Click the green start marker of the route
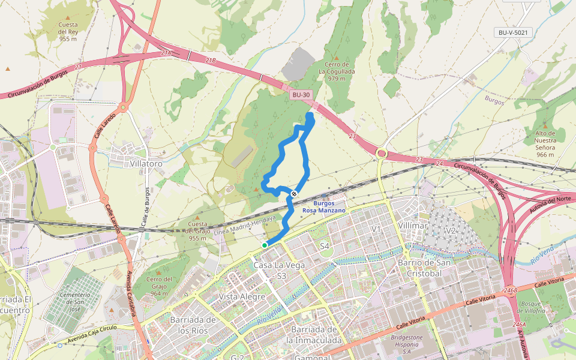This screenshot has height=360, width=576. tap(265, 245)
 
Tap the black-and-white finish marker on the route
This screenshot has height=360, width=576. tap(294, 193)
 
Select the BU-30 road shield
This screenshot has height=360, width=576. tap(301, 95)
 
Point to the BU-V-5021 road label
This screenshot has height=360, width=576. tap(512, 32)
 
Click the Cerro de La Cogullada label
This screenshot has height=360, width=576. tap(337, 71)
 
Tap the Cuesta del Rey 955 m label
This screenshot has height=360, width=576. tap(68, 32)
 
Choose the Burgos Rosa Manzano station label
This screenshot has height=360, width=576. tap(324, 207)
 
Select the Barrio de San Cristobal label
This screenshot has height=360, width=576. tap(420, 268)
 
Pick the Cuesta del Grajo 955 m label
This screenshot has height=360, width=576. tap(198, 231)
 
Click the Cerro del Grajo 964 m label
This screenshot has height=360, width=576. tap(159, 286)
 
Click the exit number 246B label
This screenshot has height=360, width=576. tap(511, 290)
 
